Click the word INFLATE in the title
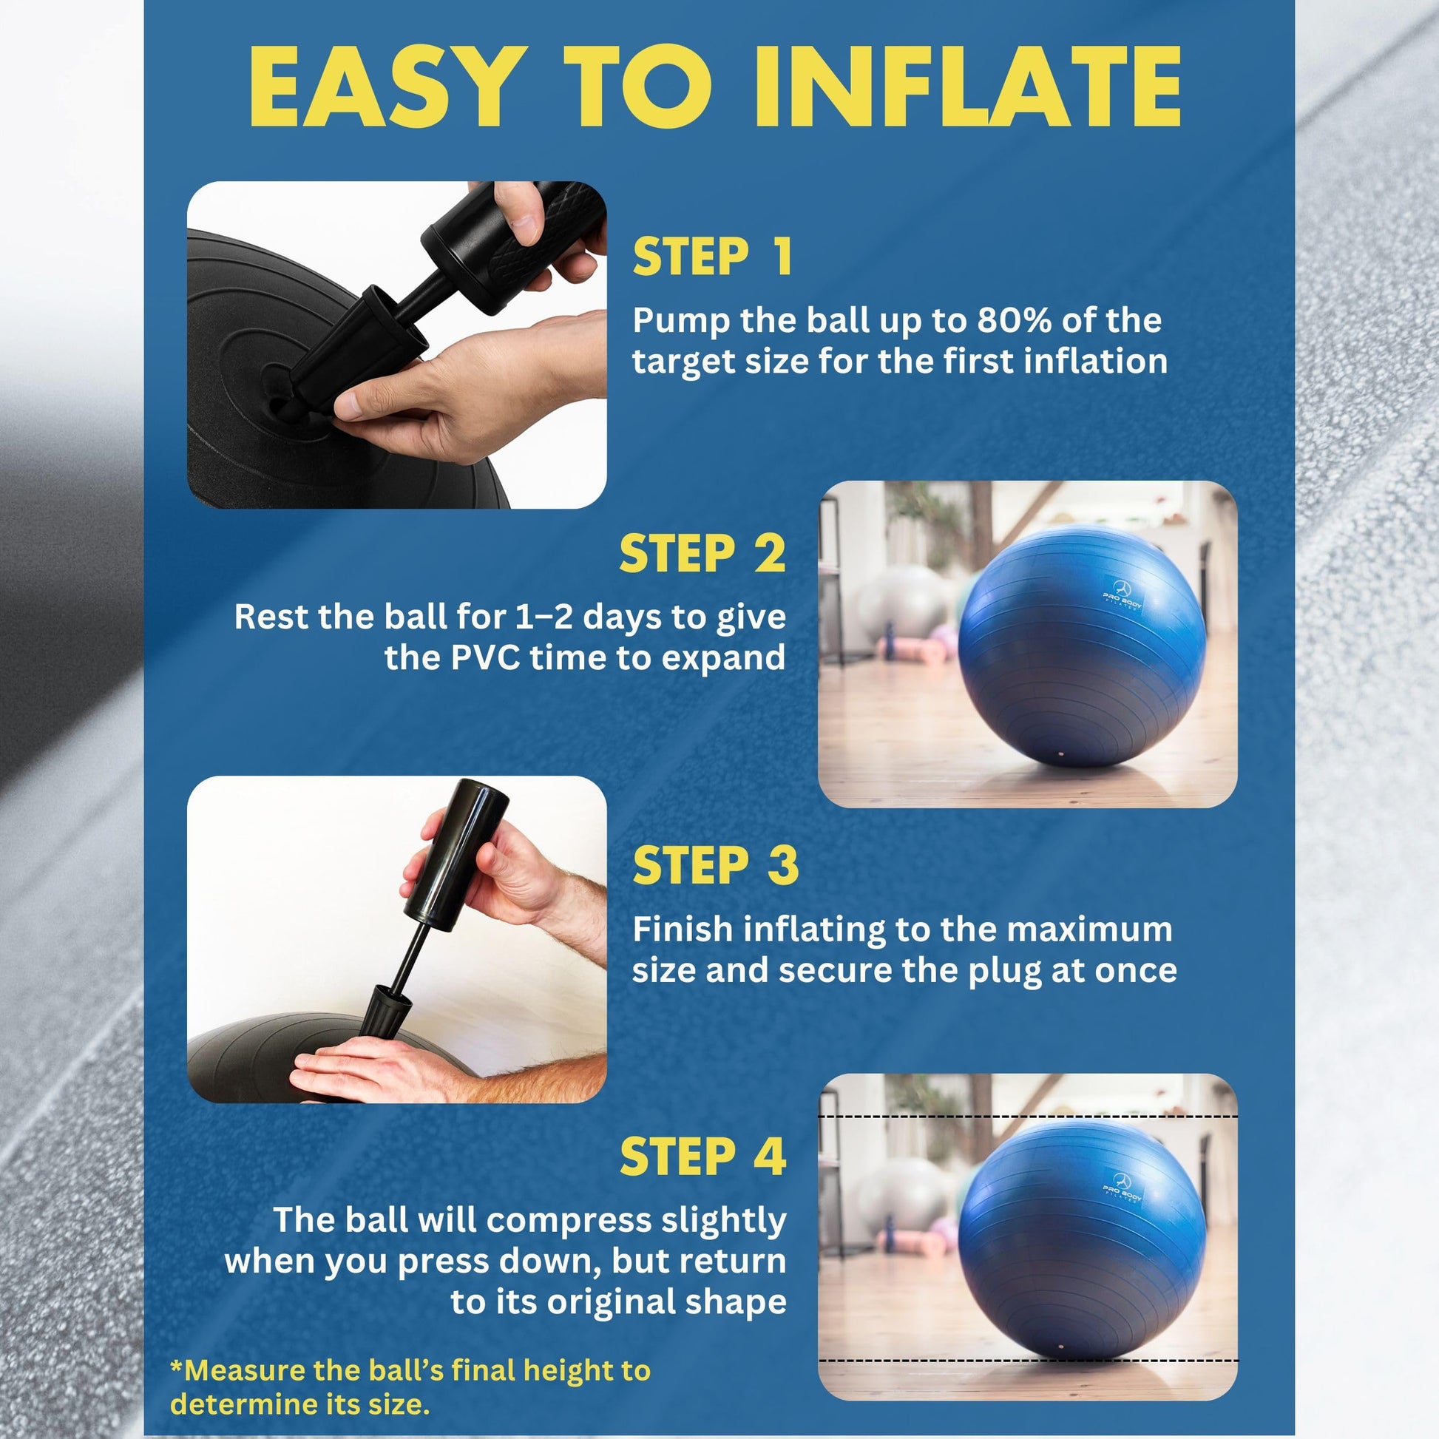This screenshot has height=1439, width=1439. (968, 87)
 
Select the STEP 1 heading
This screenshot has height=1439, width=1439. (711, 257)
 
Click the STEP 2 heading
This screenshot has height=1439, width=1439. (702, 553)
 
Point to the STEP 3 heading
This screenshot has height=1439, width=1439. (715, 865)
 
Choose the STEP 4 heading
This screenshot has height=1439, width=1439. (702, 1157)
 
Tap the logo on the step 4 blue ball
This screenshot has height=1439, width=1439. (1122, 1189)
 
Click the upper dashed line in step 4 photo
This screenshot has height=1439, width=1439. (1028, 1117)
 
